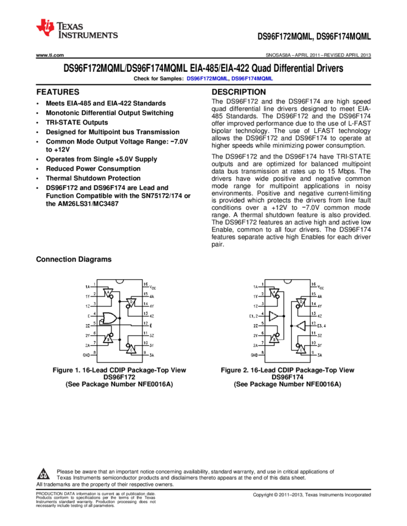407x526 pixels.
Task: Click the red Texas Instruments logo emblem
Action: pos(45,27)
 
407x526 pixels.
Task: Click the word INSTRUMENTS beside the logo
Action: pos(87,36)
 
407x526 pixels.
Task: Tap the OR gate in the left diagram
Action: pos(110,319)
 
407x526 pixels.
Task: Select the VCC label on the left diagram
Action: pos(152,287)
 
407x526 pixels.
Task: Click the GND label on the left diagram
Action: pos(86,355)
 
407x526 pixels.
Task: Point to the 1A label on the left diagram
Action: pos(87,287)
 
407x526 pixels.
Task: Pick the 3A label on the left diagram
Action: pos(152,355)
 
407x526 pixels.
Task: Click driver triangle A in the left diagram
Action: pos(107,292)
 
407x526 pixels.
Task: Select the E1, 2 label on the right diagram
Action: pos(253,316)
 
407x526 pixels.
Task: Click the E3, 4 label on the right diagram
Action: pos(322,326)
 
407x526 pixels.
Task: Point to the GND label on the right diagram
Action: pos(254,355)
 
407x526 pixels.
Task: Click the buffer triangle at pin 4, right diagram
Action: pos(274,316)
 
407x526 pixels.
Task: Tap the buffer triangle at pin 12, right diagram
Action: pos(301,326)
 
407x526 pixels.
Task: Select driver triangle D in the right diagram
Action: pos(301,303)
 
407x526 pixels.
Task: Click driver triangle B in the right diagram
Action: pos(274,338)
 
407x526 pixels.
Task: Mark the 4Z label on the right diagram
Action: pos(320,316)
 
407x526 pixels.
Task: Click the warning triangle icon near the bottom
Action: pos(43,475)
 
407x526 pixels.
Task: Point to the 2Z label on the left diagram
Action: pos(87,326)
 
